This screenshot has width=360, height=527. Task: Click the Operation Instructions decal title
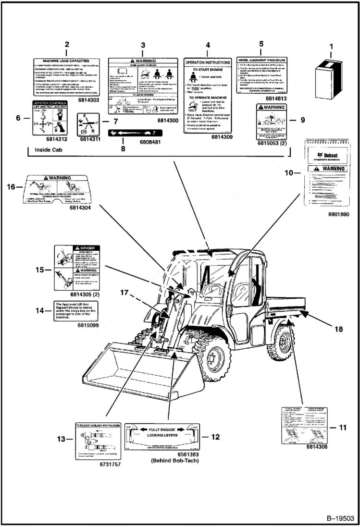tap(208, 62)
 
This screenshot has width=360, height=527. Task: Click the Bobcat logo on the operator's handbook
tap(325, 155)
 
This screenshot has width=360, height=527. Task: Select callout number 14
tap(43, 310)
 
